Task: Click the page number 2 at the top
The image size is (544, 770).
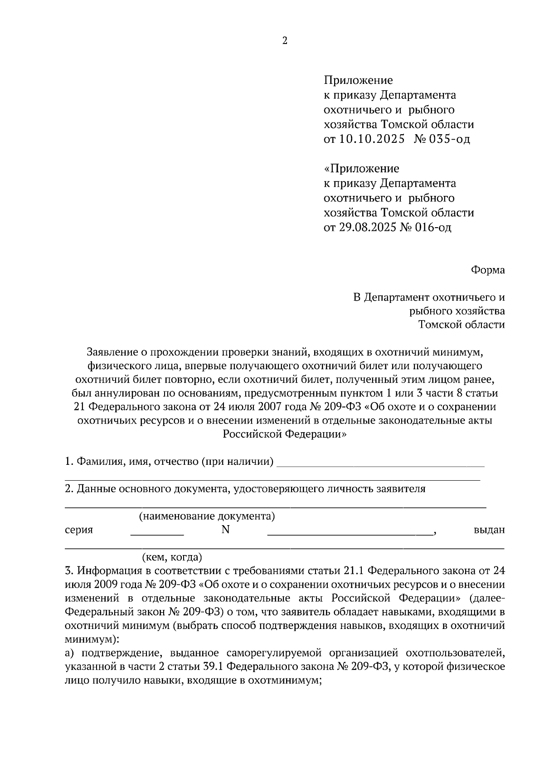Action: click(x=285, y=41)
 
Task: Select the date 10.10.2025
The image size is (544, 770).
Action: click(x=371, y=139)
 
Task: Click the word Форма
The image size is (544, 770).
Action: click(x=487, y=270)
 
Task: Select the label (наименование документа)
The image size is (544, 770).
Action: click(x=207, y=516)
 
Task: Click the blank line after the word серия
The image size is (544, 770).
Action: click(x=157, y=535)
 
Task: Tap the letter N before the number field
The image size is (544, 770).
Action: click(x=225, y=530)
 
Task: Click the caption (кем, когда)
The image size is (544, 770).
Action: click(x=172, y=557)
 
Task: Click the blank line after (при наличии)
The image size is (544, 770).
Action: click(x=380, y=465)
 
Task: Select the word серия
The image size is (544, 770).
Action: click(x=79, y=530)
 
